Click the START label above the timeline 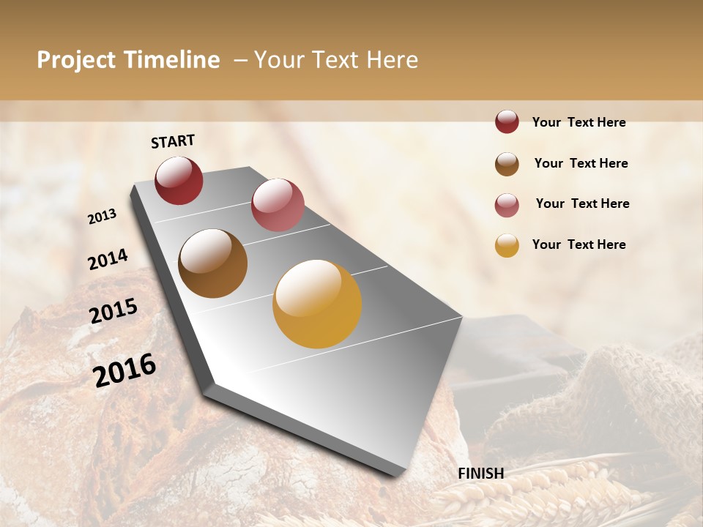pyautogui.click(x=173, y=141)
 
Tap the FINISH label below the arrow pyautogui.click(x=481, y=474)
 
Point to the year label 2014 pyautogui.click(x=108, y=259)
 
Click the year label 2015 pyautogui.click(x=114, y=311)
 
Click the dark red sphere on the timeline pyautogui.click(x=179, y=181)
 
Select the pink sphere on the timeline pyautogui.click(x=278, y=205)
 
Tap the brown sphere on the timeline pyautogui.click(x=212, y=263)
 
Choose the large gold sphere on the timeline pyautogui.click(x=317, y=304)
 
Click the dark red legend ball pyautogui.click(x=507, y=122)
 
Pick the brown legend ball pyautogui.click(x=507, y=163)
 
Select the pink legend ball pyautogui.click(x=507, y=204)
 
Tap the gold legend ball pyautogui.click(x=507, y=245)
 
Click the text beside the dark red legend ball pyautogui.click(x=579, y=122)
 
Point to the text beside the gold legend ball pyautogui.click(x=579, y=244)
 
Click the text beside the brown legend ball pyautogui.click(x=581, y=163)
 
